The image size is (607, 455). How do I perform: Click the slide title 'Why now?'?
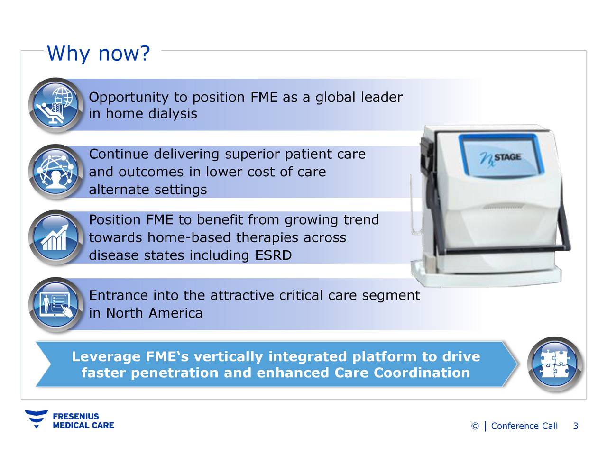pos(98,54)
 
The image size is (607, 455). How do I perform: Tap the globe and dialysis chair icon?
pos(55,105)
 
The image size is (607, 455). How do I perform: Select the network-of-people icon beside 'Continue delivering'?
pos(55,171)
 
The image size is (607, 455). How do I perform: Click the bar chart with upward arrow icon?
pos(55,237)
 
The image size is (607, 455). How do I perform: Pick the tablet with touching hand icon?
pos(55,305)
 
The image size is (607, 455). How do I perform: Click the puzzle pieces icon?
pos(554,364)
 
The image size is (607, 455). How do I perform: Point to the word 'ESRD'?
pos(273,255)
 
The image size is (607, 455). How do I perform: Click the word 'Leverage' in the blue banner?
pos(106,356)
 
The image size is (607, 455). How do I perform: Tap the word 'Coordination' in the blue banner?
pos(422,373)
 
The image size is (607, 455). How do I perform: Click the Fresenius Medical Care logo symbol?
pos(36,419)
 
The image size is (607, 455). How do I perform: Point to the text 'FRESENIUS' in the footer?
pos(76,416)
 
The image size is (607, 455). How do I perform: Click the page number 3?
pos(575,426)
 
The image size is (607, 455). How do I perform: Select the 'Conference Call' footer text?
pos(524,426)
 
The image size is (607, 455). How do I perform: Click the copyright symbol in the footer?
pos(475,427)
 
